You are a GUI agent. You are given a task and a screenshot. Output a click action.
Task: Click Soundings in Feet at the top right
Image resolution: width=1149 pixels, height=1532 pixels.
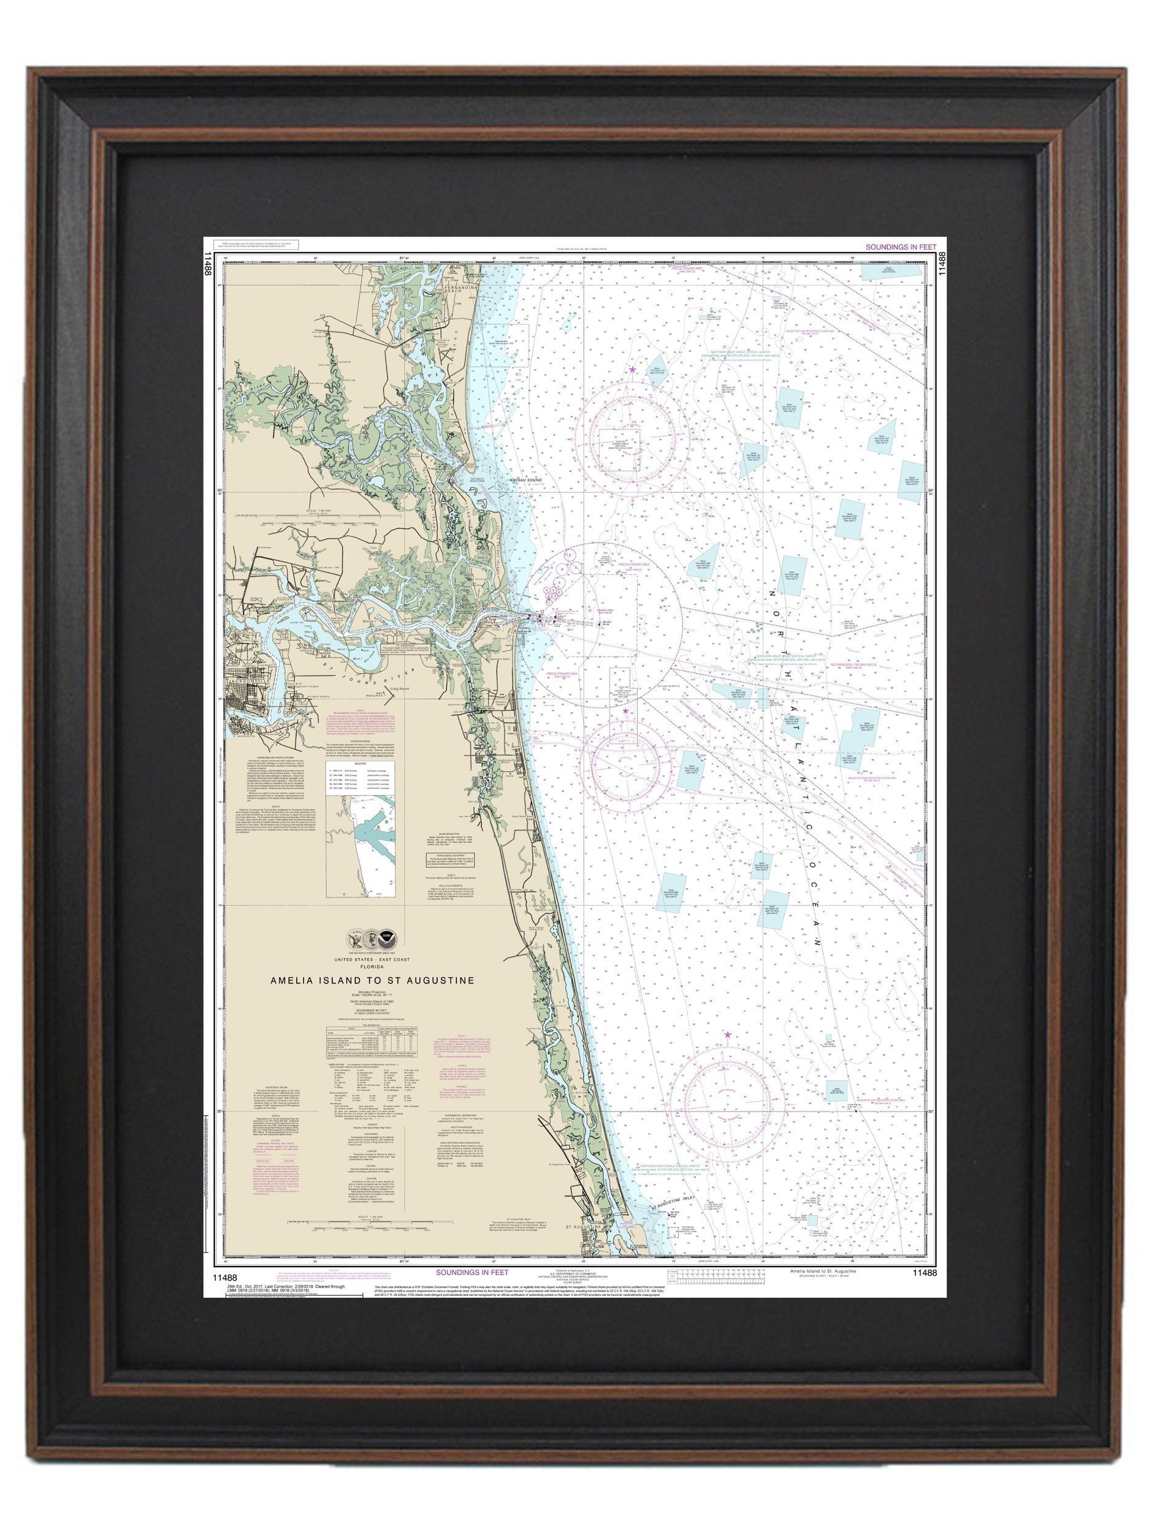pos(899,246)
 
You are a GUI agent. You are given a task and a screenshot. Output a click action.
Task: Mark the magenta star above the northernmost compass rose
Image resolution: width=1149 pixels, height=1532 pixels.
pos(632,370)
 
